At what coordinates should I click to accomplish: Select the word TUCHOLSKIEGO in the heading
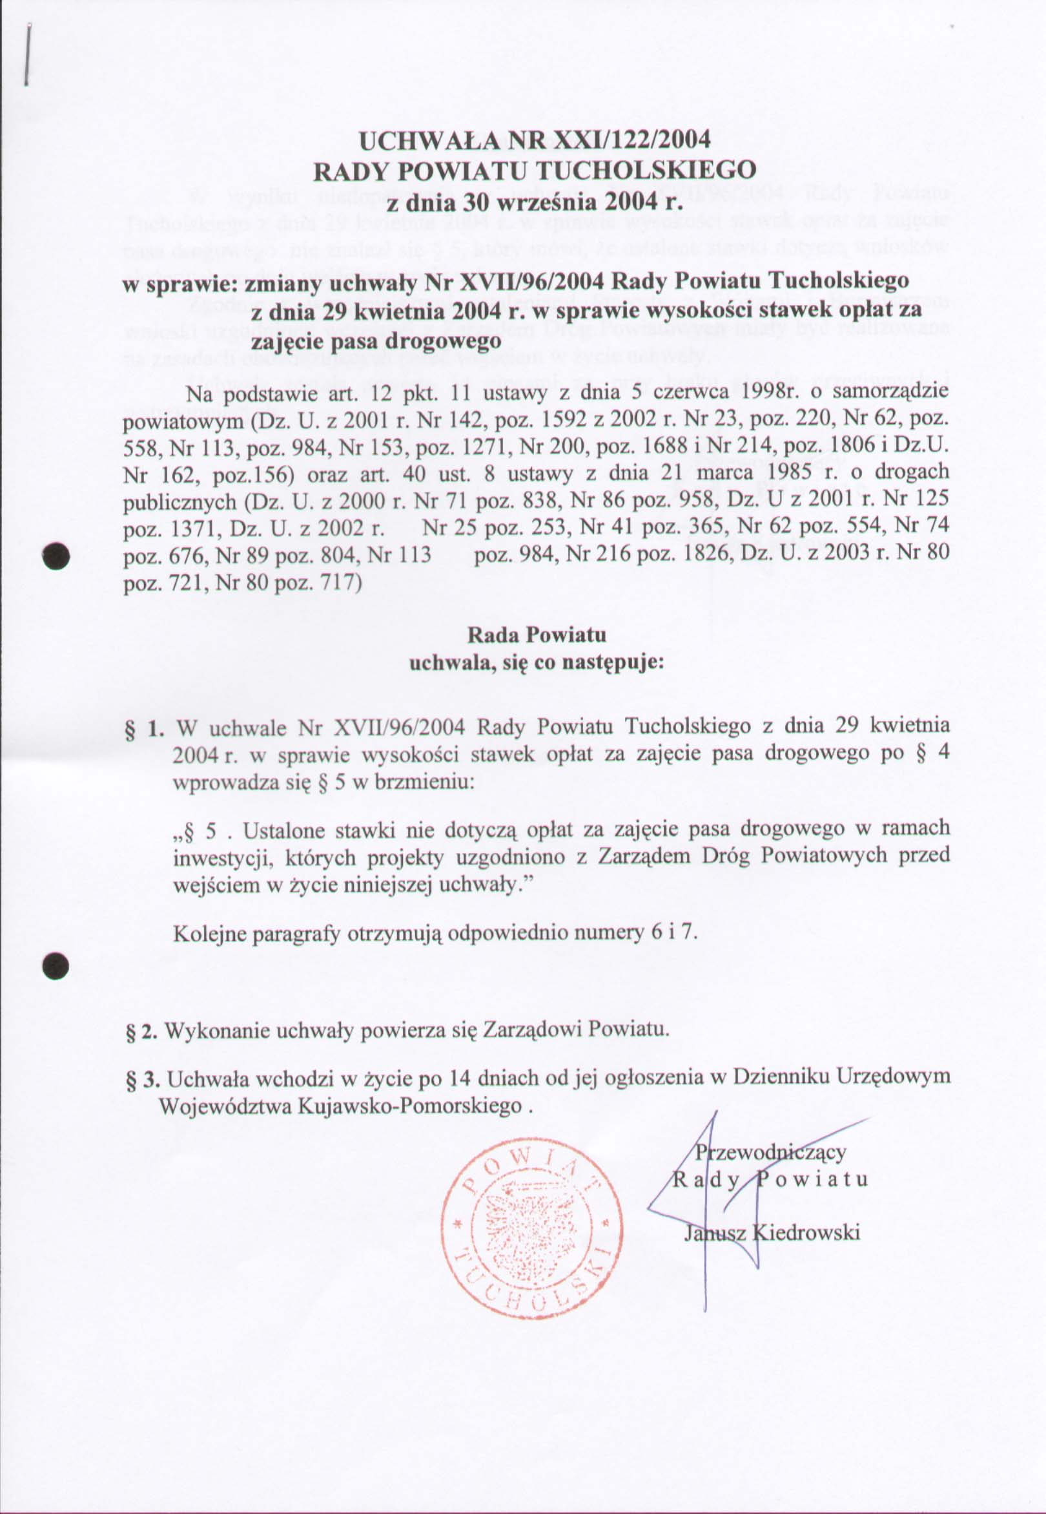pos(646,171)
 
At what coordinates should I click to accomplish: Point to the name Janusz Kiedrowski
pos(772,1233)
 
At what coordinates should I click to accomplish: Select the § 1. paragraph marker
pos(143,728)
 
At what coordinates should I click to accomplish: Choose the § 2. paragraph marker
pos(140,1030)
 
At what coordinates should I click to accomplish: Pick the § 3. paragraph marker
pos(141,1078)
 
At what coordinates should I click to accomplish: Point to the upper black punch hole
pos(56,556)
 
